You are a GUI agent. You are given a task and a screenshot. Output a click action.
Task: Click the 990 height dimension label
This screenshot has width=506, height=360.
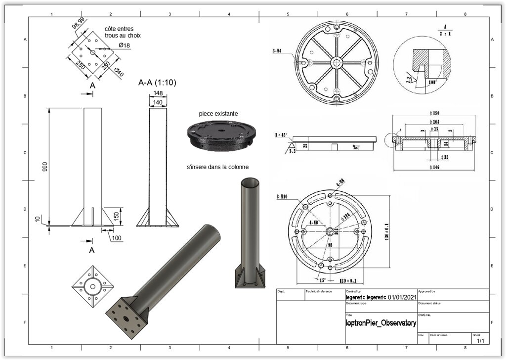pos(45,167)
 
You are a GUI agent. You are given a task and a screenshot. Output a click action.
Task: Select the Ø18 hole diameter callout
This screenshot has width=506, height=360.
pos(124,45)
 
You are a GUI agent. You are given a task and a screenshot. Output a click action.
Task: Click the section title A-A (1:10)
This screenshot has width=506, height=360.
pos(157,83)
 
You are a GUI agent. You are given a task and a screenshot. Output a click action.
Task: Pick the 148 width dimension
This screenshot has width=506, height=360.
pos(158,93)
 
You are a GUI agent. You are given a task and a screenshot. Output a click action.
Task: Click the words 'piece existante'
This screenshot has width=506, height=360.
pos(218,114)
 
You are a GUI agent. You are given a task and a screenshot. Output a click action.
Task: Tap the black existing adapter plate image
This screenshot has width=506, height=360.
pos(220,135)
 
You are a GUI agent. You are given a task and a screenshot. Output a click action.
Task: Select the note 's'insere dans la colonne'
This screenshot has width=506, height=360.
pos(217,167)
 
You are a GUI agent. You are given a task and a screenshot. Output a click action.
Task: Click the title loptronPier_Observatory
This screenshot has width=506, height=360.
pos(380,323)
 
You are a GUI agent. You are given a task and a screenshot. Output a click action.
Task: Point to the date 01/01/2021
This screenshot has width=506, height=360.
pos(403,297)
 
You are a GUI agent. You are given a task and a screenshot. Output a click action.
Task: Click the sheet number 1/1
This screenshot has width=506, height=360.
pos(480,341)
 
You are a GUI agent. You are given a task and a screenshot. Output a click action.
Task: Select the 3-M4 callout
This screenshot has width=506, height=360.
pos(278,50)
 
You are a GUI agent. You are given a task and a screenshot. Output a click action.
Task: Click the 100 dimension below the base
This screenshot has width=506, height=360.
pos(117,238)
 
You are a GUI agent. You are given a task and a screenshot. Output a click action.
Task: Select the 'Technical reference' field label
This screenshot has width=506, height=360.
pos(319,292)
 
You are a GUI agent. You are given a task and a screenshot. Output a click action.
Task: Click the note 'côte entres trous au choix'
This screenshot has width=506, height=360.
pos(123,32)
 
